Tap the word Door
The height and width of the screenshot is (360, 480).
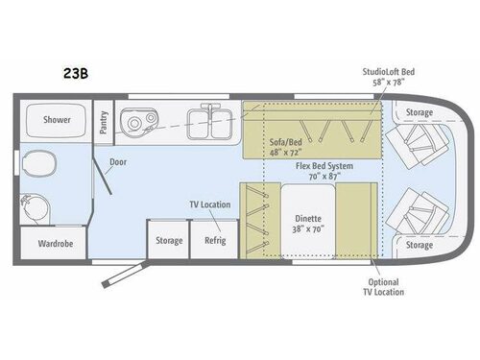[x=118, y=163]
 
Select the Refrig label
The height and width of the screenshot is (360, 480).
[x=213, y=240]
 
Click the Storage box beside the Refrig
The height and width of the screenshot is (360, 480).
[x=169, y=240]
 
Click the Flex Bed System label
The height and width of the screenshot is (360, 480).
[x=324, y=172]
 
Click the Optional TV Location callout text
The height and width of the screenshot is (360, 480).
[x=385, y=286]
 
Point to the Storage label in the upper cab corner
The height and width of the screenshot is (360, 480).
[x=419, y=113]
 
